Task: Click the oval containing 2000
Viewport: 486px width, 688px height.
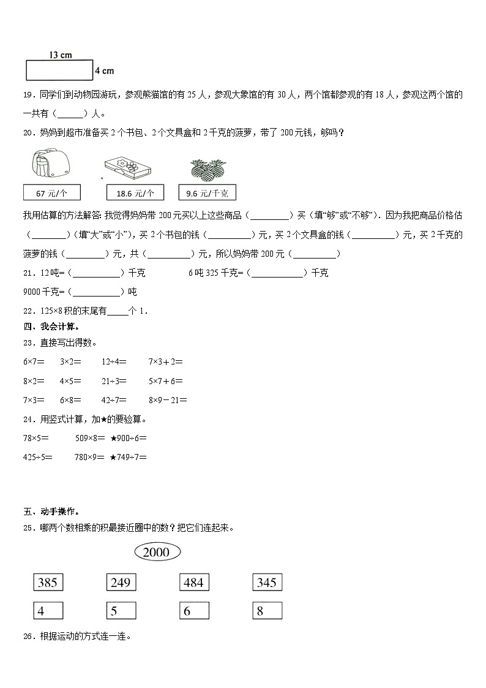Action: click(156, 552)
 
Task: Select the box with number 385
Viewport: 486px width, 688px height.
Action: click(48, 582)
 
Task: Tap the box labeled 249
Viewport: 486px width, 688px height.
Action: click(121, 582)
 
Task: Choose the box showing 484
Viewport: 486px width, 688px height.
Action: click(194, 582)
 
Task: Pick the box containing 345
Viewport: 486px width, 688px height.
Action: click(267, 582)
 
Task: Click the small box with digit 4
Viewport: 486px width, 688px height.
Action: click(48, 610)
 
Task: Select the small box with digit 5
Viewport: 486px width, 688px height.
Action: click(121, 610)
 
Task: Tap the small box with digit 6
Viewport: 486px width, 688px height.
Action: click(194, 610)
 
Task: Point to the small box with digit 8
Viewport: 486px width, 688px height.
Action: click(267, 610)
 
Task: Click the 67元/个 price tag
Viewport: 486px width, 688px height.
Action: click(51, 193)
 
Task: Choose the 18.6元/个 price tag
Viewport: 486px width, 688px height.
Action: click(135, 193)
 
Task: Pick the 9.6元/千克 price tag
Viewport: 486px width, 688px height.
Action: click(207, 193)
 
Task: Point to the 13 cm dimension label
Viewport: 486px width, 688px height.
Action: click(60, 55)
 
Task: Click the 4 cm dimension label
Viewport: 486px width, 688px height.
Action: click(105, 71)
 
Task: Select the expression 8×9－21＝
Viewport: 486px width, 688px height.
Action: click(168, 399)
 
